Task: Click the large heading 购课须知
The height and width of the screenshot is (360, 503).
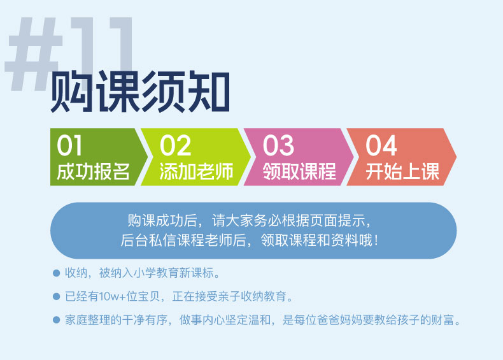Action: (140, 92)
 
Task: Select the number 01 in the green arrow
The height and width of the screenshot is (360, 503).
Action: (69, 145)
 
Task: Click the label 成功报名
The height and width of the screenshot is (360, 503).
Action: (94, 172)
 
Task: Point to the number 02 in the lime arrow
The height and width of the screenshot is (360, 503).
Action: (176, 145)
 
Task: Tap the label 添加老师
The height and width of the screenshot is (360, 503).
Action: (196, 172)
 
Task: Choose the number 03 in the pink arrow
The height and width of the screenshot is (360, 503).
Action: (278, 145)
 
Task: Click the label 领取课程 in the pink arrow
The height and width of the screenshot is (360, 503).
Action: (299, 172)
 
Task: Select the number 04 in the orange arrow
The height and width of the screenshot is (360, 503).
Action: (381, 145)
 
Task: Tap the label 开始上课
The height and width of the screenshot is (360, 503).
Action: (402, 172)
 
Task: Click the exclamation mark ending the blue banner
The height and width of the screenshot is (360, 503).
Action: (376, 240)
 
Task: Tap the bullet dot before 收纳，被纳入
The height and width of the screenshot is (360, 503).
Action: (56, 273)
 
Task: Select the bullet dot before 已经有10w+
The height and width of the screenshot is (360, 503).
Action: (56, 296)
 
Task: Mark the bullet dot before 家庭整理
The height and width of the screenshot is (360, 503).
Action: (56, 320)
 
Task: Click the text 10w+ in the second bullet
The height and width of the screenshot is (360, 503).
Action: (112, 296)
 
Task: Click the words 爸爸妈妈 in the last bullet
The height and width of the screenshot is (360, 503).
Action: (339, 320)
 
